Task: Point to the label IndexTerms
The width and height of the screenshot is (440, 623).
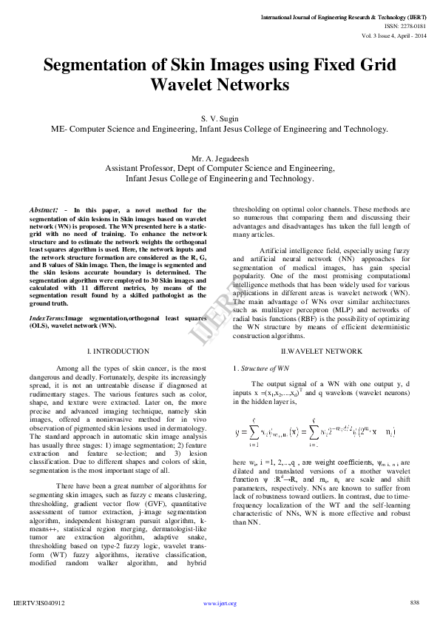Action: [x=47, y=317]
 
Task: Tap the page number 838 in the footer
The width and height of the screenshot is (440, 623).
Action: [x=414, y=602]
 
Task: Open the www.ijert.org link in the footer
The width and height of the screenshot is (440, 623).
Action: [x=220, y=603]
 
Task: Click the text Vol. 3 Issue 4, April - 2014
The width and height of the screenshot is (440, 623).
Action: [x=394, y=35]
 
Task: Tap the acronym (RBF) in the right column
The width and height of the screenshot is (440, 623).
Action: [x=296, y=321]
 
